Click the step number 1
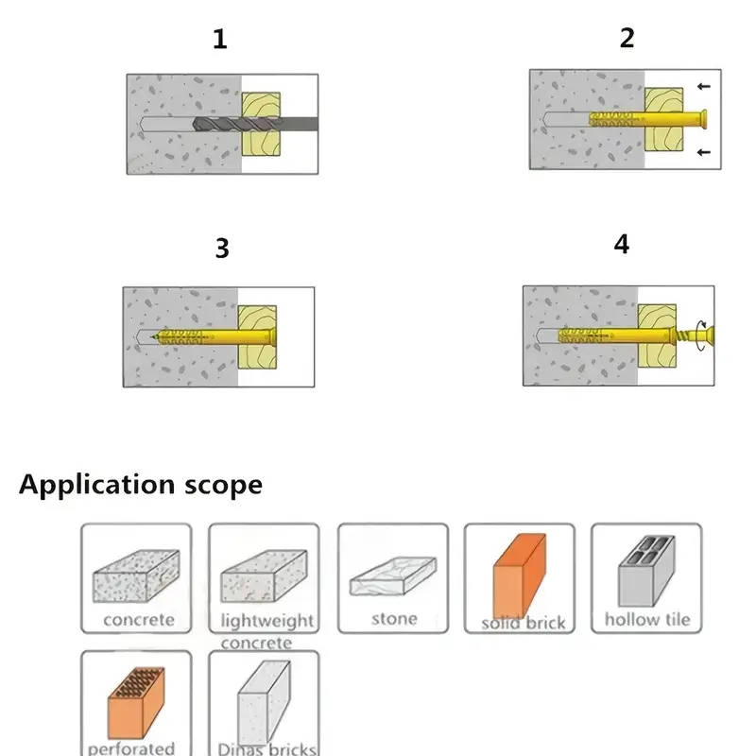coord(220,40)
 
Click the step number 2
coord(627,38)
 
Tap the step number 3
coord(222,249)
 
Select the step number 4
coord(621,244)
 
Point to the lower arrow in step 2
coord(701,152)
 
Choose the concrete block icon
coord(136,575)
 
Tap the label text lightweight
coord(266,621)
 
